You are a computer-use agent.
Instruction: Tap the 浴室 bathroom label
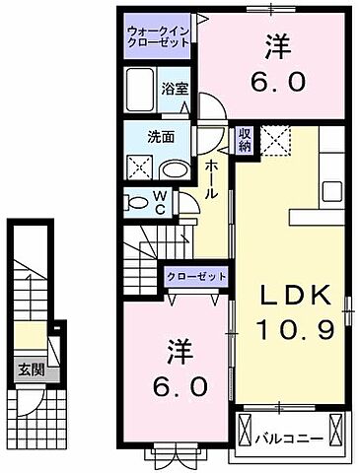click(173, 87)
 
